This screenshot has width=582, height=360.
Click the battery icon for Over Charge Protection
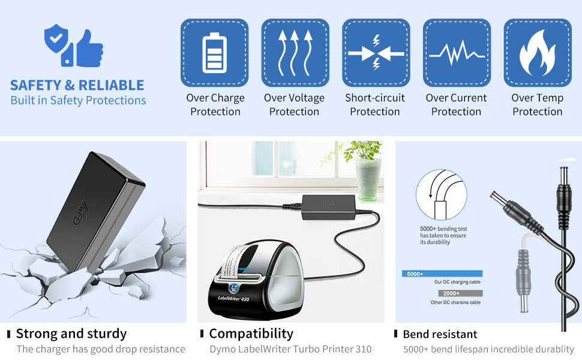(x=215, y=53)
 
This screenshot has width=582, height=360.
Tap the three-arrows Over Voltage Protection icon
(x=295, y=53)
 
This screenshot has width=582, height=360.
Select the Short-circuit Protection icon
(x=376, y=53)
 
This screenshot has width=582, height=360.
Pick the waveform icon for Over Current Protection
(x=457, y=53)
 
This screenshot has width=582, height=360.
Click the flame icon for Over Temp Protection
(x=537, y=53)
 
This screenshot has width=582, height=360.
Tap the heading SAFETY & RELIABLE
(x=77, y=85)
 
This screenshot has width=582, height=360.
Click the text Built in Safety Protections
(x=78, y=100)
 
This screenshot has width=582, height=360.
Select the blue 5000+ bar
(x=442, y=274)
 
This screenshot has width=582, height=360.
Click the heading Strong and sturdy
(x=71, y=334)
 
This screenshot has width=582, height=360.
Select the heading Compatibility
(x=251, y=334)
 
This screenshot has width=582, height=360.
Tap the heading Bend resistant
(x=440, y=334)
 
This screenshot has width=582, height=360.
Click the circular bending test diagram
(x=441, y=196)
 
